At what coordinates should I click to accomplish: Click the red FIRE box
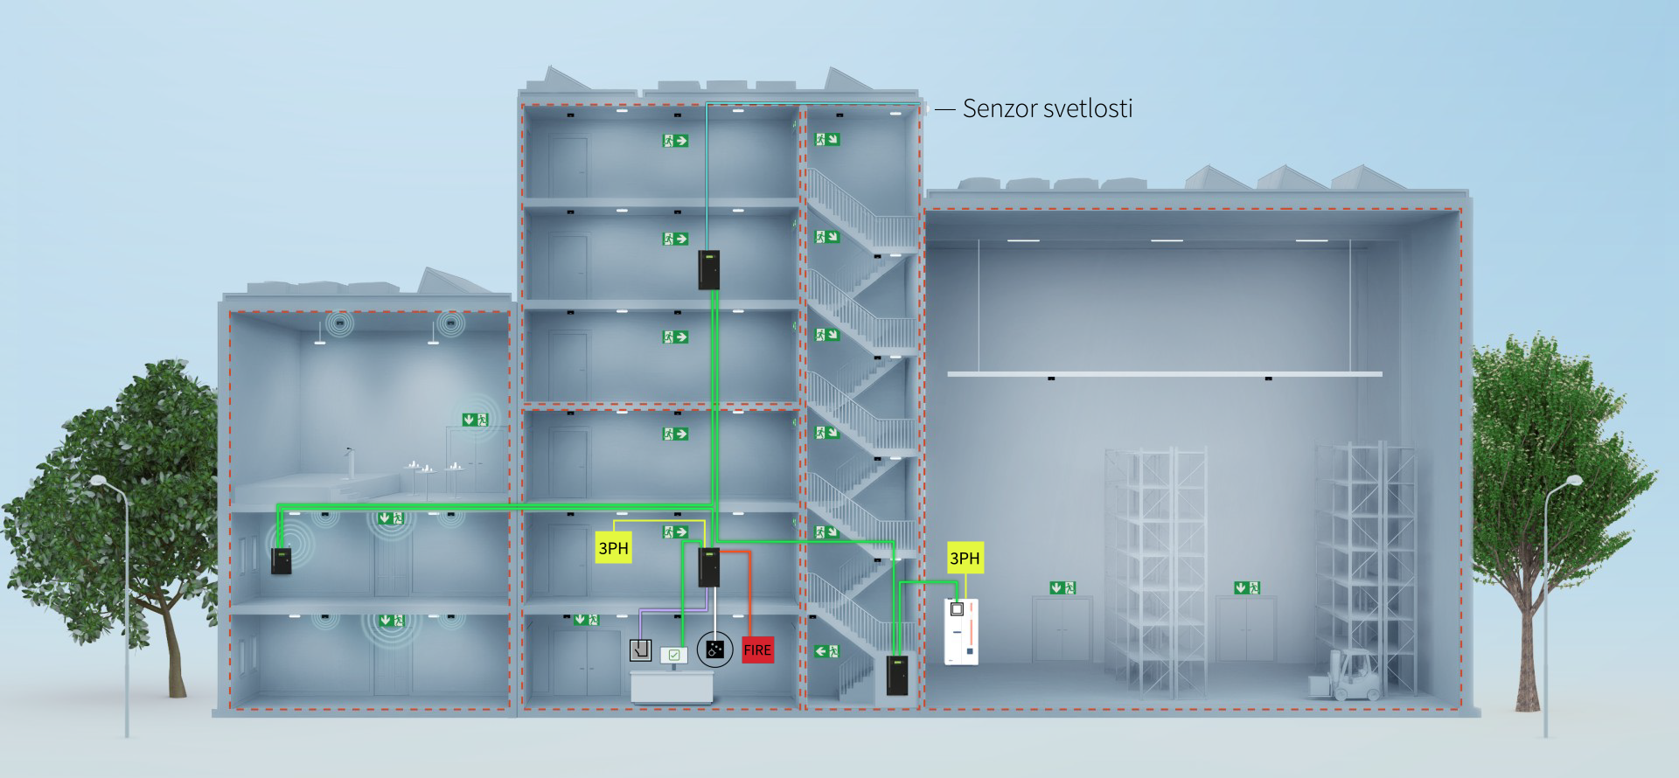[757, 649]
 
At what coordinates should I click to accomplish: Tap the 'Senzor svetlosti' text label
[1047, 108]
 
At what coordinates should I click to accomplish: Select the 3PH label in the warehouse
[965, 558]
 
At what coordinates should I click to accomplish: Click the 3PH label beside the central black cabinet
[613, 548]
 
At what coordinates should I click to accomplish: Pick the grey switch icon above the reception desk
[641, 650]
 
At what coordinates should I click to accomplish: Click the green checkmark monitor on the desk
[673, 655]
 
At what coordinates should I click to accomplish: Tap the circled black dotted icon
[714, 649]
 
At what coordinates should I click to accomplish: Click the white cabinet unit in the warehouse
[961, 630]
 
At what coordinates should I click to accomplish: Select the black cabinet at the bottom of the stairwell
[896, 674]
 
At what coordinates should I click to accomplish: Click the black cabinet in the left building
[281, 560]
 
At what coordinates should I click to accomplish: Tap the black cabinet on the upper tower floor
[708, 269]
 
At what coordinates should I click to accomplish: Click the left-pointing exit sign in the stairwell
[826, 651]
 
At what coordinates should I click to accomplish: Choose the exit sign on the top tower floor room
[674, 140]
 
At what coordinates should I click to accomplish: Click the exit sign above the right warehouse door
[1247, 587]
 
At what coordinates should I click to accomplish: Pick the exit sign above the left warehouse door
[1062, 587]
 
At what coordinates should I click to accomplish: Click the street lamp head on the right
[1573, 481]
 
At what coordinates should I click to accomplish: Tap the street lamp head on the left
[98, 480]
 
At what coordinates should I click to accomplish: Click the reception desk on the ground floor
[671, 685]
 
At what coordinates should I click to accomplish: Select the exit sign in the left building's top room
[476, 420]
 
